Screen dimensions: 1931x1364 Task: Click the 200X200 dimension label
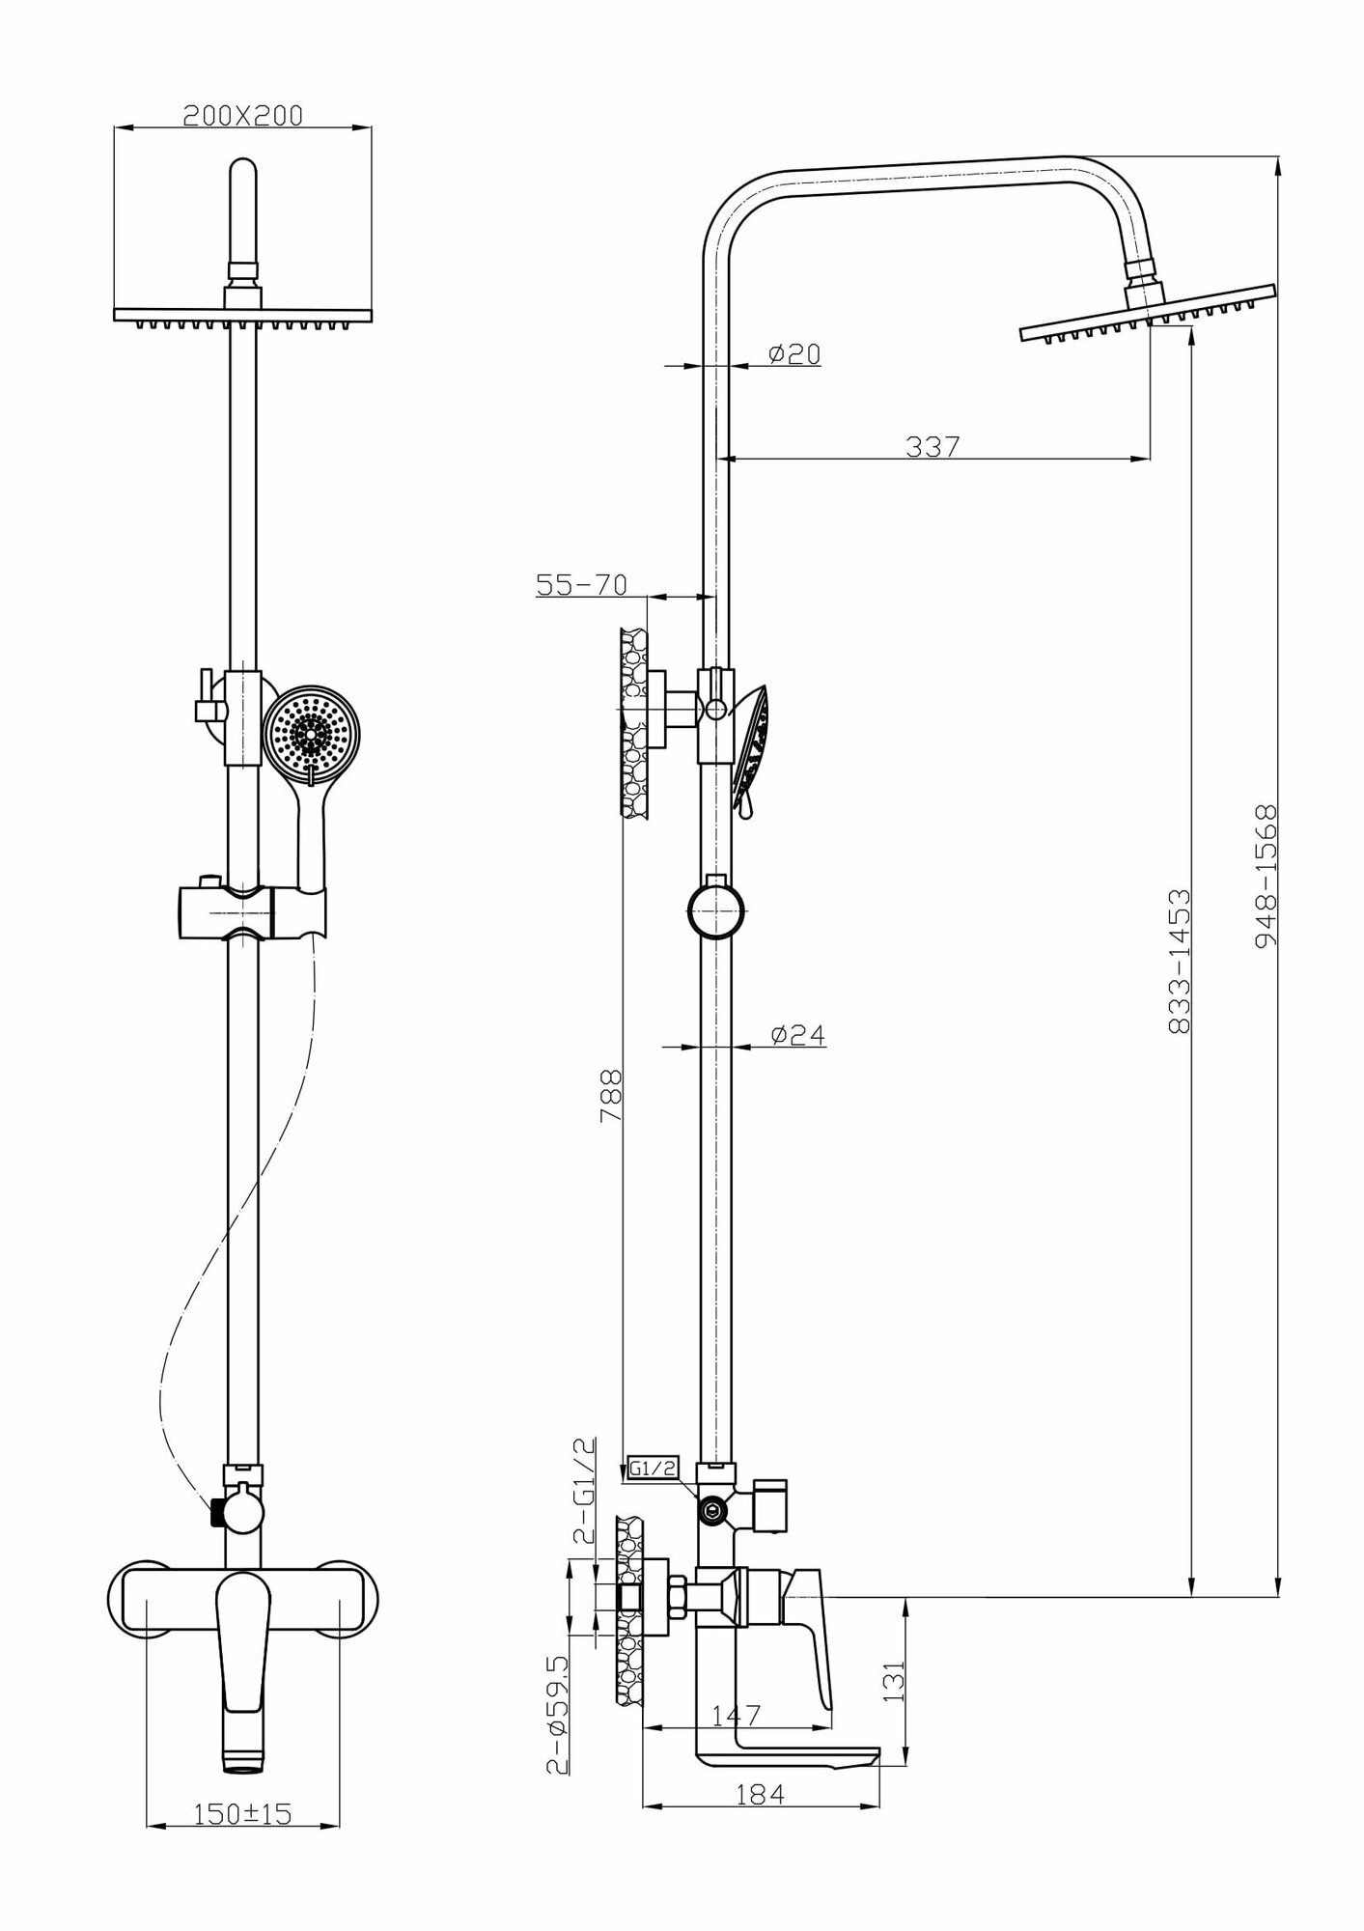click(x=243, y=116)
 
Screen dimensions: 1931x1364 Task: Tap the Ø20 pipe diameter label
click(x=793, y=355)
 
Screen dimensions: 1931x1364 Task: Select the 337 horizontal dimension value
click(x=933, y=447)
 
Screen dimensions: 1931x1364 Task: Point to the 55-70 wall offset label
click(x=582, y=585)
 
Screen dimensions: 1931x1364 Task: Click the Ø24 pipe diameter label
click(x=797, y=1035)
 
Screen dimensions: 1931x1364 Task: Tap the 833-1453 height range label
click(x=1179, y=962)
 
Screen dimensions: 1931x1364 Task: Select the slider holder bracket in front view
click(x=252, y=911)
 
